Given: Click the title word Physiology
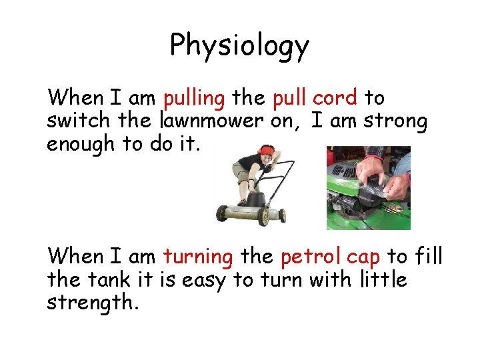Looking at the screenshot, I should pyautogui.click(x=239, y=46).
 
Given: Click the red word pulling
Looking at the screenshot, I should pyautogui.click(x=194, y=99).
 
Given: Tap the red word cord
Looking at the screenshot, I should pyautogui.click(x=336, y=99).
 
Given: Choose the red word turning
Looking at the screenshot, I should pyautogui.click(x=198, y=257).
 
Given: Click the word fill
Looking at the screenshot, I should pyautogui.click(x=429, y=257).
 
